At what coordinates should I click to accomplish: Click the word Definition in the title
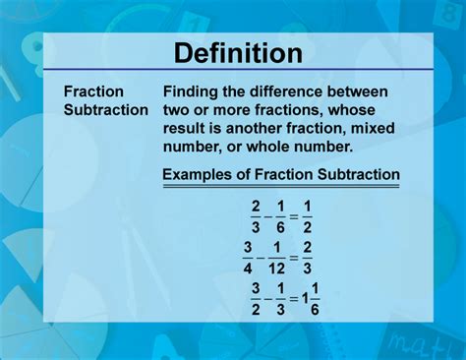pos(232,51)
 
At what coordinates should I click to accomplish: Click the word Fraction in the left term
pos(93,91)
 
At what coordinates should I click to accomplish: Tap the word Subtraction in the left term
pos(105,109)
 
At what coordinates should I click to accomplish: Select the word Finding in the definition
pos(192,91)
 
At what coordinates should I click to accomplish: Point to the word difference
pos(286,91)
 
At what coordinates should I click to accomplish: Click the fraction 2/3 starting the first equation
pos(256,214)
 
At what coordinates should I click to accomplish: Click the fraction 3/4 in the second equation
pos(250,256)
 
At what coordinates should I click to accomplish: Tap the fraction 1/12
pos(277,256)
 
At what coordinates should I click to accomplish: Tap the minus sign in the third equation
pos(267,297)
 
